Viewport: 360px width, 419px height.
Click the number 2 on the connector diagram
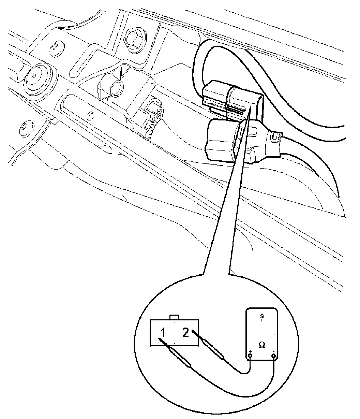coord(185,332)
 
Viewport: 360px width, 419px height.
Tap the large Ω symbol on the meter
coord(262,345)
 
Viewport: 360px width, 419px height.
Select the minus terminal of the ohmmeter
coord(273,357)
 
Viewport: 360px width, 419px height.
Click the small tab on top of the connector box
coord(175,318)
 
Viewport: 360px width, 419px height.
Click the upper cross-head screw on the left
coord(57,49)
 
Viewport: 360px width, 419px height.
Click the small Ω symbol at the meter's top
coord(262,316)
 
